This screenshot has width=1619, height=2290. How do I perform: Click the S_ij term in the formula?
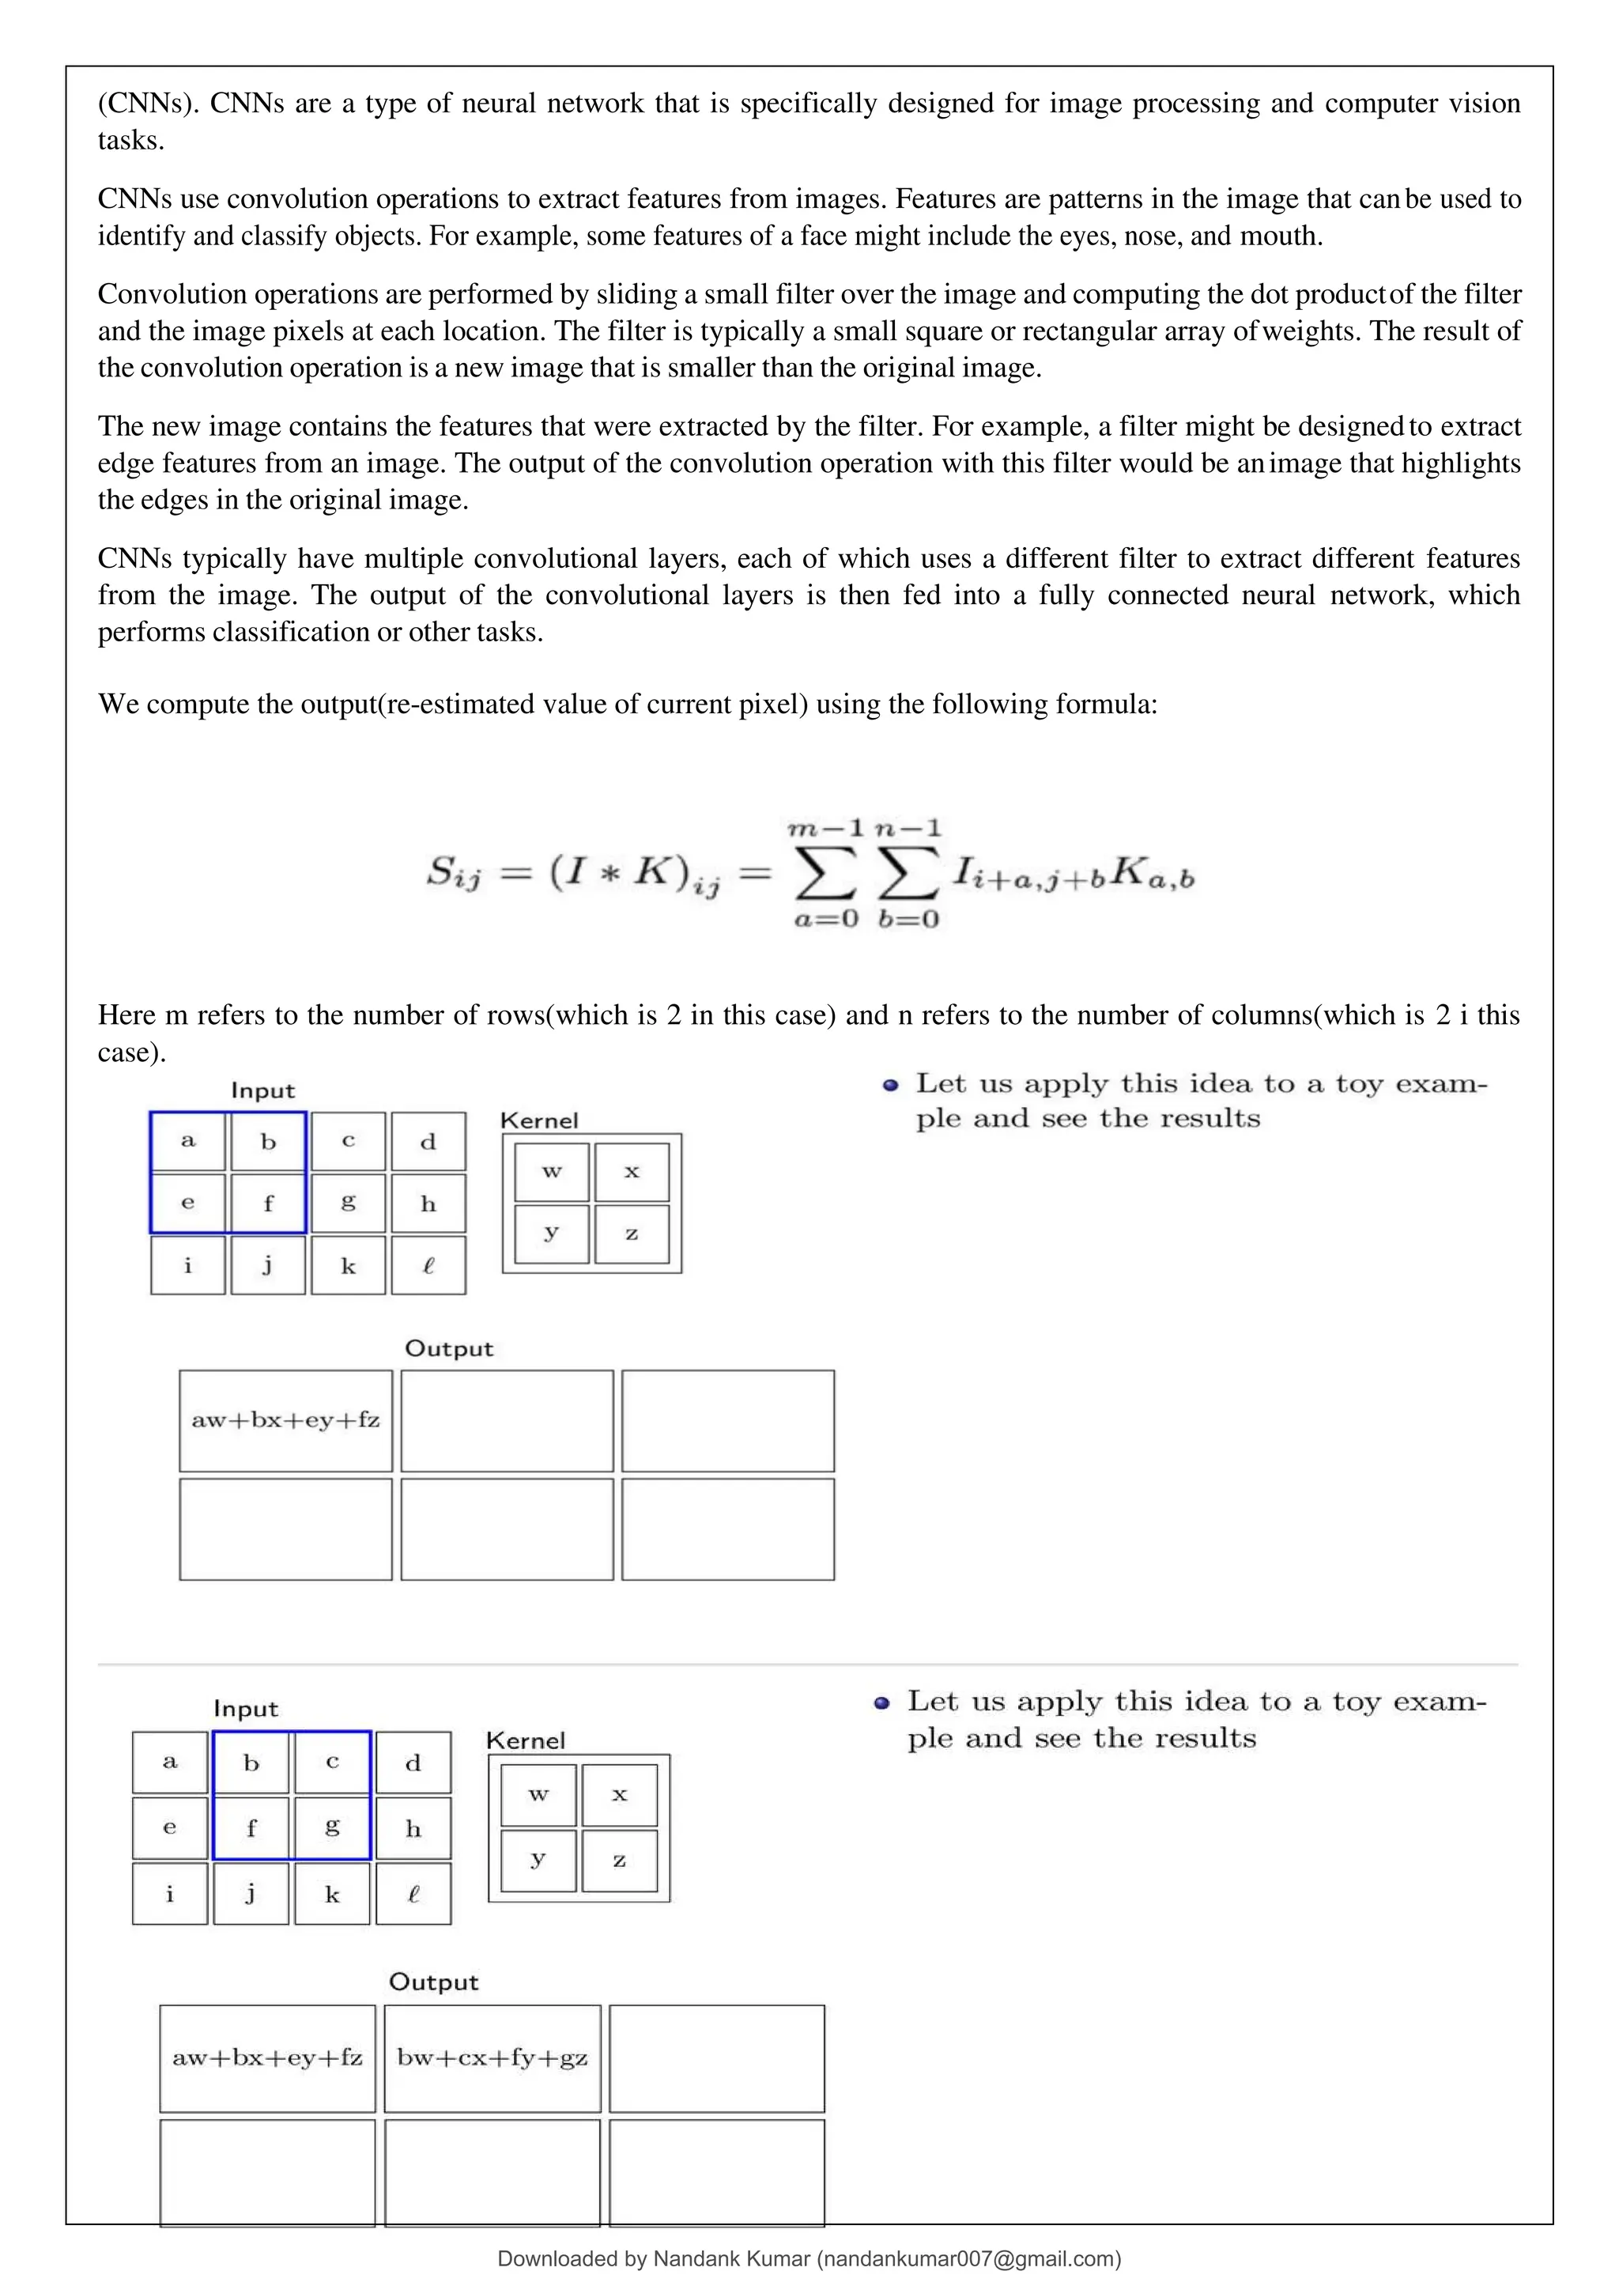click(x=454, y=874)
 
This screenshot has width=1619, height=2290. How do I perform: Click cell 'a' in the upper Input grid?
click(x=188, y=1141)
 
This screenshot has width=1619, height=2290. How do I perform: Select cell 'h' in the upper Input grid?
click(x=428, y=1203)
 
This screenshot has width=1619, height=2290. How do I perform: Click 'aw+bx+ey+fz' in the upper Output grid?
click(x=285, y=1420)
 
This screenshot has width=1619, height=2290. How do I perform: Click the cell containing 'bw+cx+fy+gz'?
click(x=492, y=2058)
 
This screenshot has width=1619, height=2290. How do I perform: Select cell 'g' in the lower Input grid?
click(x=332, y=1827)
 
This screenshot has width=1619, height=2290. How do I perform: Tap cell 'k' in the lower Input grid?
click(x=332, y=1894)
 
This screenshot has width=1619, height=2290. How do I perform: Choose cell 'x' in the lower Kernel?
click(x=619, y=1794)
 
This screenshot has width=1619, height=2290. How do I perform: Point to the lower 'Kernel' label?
click(x=526, y=1740)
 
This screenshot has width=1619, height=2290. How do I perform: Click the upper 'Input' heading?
click(x=263, y=1090)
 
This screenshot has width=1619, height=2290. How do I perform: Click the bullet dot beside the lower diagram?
click(x=881, y=1703)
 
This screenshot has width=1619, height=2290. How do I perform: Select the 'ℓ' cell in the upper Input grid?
click(x=428, y=1266)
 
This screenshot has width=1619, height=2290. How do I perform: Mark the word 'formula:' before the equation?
click(x=1115, y=704)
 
